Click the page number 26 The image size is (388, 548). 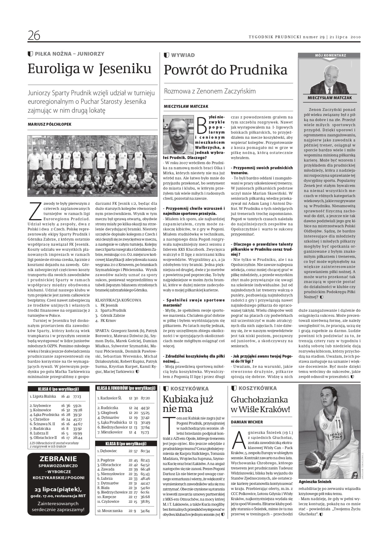pos(34,35)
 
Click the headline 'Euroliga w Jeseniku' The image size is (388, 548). pos(89,69)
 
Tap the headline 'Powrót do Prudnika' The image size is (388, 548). pos(225,70)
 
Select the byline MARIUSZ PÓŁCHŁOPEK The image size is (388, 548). pos(50,124)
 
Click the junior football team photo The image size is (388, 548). pos(92,166)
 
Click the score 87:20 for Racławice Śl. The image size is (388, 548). pos(145,398)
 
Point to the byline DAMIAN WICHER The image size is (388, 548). pos(247,422)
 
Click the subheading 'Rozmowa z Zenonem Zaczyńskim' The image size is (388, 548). pos(210,91)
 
